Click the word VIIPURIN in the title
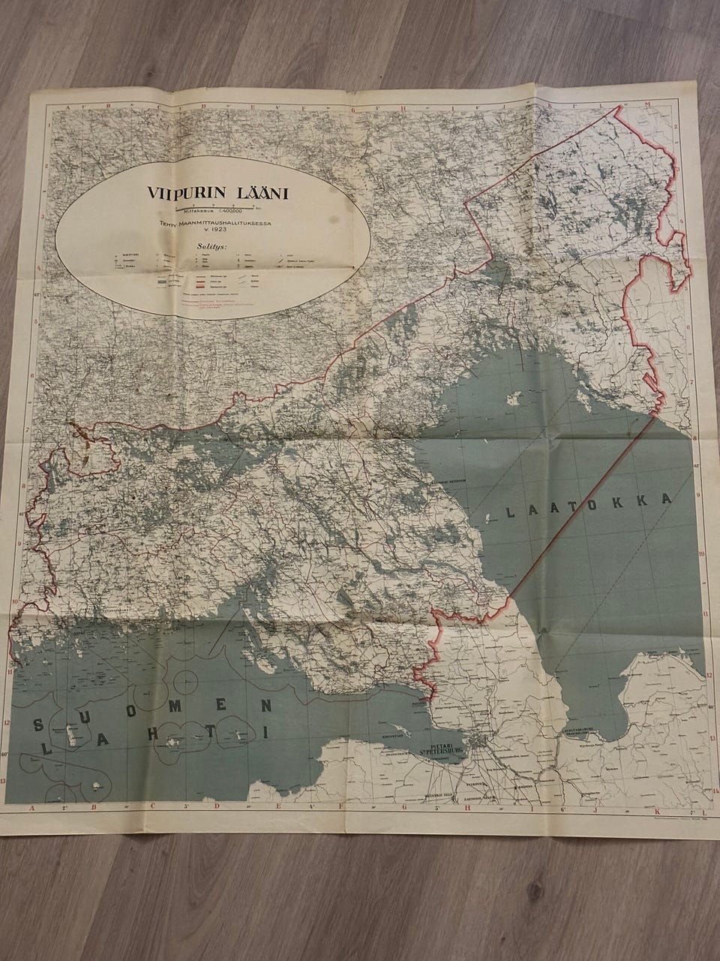179,192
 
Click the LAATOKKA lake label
588,508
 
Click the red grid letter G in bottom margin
402,809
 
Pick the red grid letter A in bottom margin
32,809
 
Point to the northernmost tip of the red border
619,107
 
